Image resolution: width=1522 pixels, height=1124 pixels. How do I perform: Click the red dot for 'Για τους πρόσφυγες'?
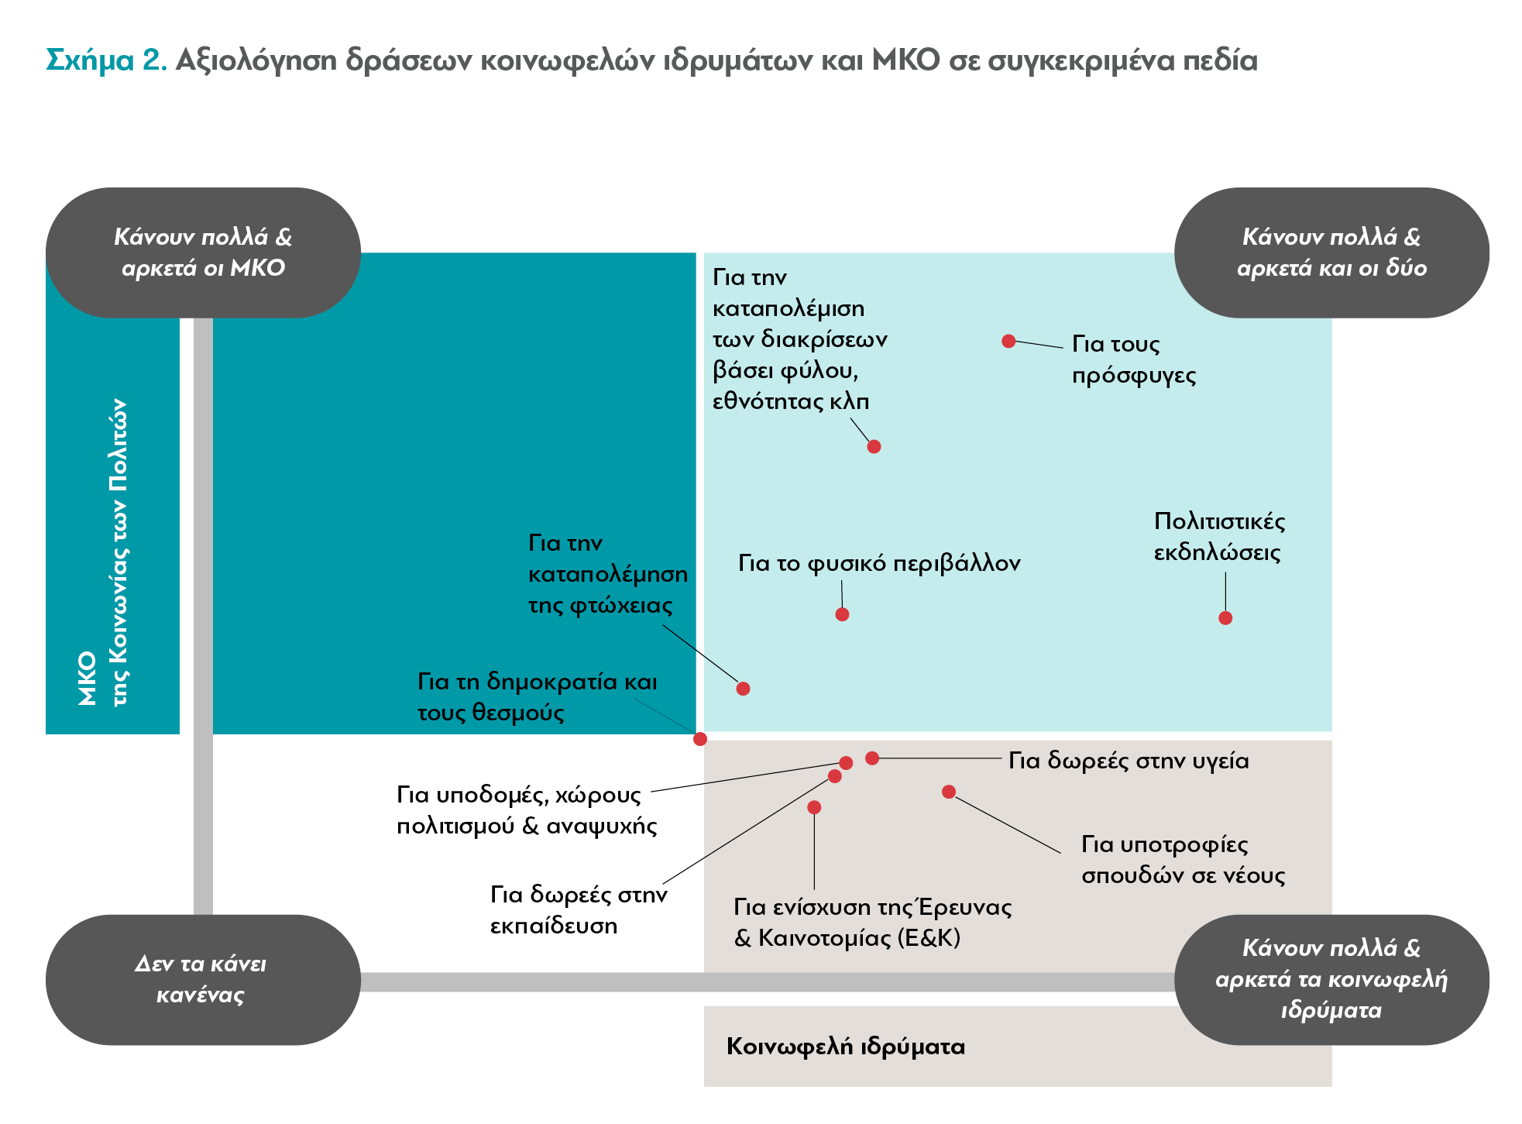tap(1008, 341)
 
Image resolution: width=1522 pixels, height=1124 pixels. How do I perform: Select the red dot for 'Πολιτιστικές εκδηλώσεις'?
tap(1225, 617)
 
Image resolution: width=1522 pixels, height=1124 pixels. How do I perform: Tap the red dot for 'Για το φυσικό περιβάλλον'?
tap(842, 614)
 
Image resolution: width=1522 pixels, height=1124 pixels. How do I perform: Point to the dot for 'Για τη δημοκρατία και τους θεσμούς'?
tap(700, 739)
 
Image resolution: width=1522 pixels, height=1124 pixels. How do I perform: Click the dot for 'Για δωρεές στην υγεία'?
tap(872, 758)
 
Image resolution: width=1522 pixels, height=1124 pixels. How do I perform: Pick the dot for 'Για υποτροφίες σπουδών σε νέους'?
tap(949, 792)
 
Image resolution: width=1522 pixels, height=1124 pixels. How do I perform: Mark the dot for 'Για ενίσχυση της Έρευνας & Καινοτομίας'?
tap(814, 807)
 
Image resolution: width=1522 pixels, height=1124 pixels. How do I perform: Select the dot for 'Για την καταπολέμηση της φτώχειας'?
tap(743, 689)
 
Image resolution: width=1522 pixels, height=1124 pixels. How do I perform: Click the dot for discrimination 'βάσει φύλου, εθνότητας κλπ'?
tap(874, 446)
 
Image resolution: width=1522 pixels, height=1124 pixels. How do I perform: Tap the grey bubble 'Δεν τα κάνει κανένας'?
tap(203, 980)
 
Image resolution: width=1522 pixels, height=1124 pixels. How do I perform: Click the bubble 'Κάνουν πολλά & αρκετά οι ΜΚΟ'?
tap(203, 253)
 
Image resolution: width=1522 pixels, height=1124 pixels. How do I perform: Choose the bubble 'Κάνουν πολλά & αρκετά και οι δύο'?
tap(1331, 253)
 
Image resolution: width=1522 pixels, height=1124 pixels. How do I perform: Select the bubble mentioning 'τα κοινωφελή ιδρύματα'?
tap(1331, 980)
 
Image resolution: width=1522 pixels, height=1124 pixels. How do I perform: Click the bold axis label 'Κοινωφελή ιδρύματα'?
tap(846, 1047)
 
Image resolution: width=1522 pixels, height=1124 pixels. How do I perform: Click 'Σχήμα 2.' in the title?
tap(107, 60)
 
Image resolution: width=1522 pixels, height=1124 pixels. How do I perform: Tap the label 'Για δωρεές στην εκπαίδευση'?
tap(579, 910)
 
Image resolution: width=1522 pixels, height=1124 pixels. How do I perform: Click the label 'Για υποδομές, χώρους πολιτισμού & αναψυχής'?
tap(527, 810)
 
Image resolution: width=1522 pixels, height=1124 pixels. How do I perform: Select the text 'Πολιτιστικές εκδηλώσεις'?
tap(1219, 537)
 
